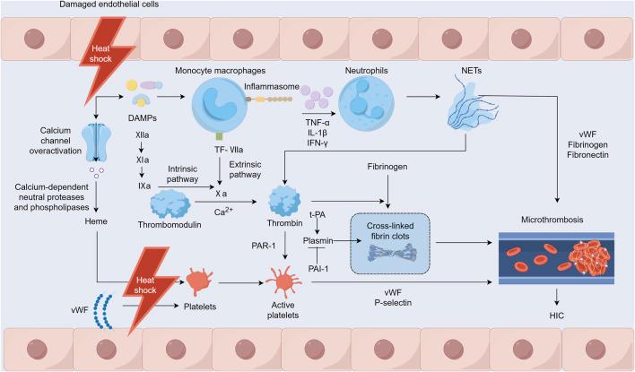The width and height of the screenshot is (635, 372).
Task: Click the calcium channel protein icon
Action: (94, 141)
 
